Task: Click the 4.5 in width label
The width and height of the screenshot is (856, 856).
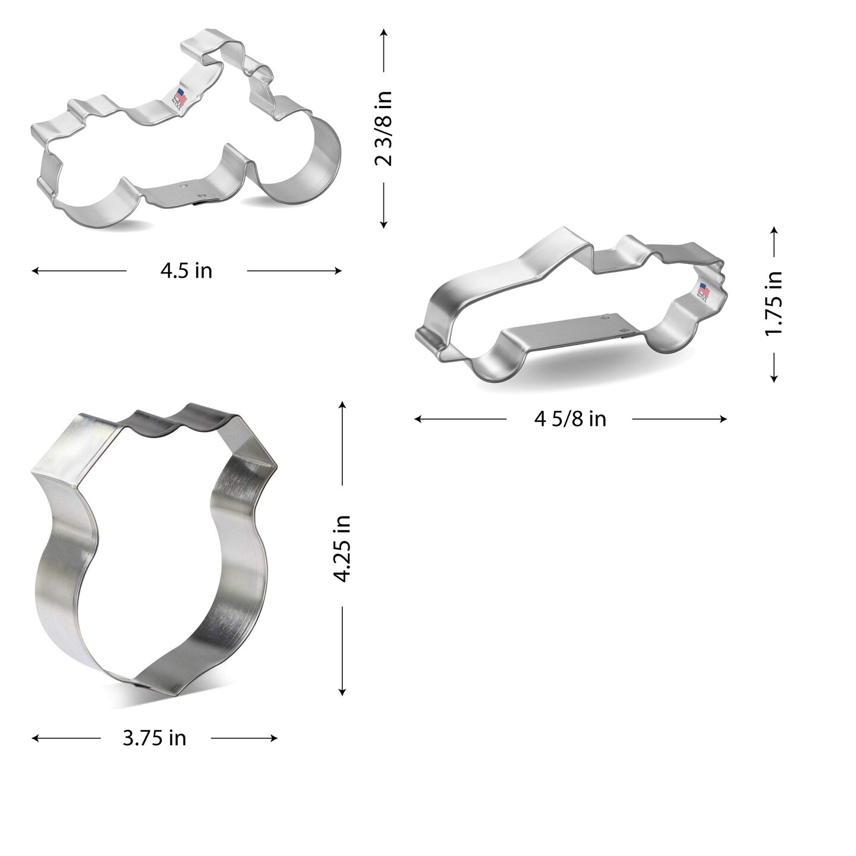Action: point(186,271)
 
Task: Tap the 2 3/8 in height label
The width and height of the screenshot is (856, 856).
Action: point(384,128)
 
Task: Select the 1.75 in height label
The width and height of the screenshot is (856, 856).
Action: point(773,303)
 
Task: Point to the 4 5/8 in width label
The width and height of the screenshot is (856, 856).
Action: point(570,419)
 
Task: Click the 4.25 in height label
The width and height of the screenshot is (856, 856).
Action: point(342,548)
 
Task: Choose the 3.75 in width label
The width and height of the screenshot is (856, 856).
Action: point(155,738)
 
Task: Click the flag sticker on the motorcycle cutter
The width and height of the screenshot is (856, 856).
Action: point(180,97)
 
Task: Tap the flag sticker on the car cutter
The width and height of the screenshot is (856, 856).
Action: point(704,292)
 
